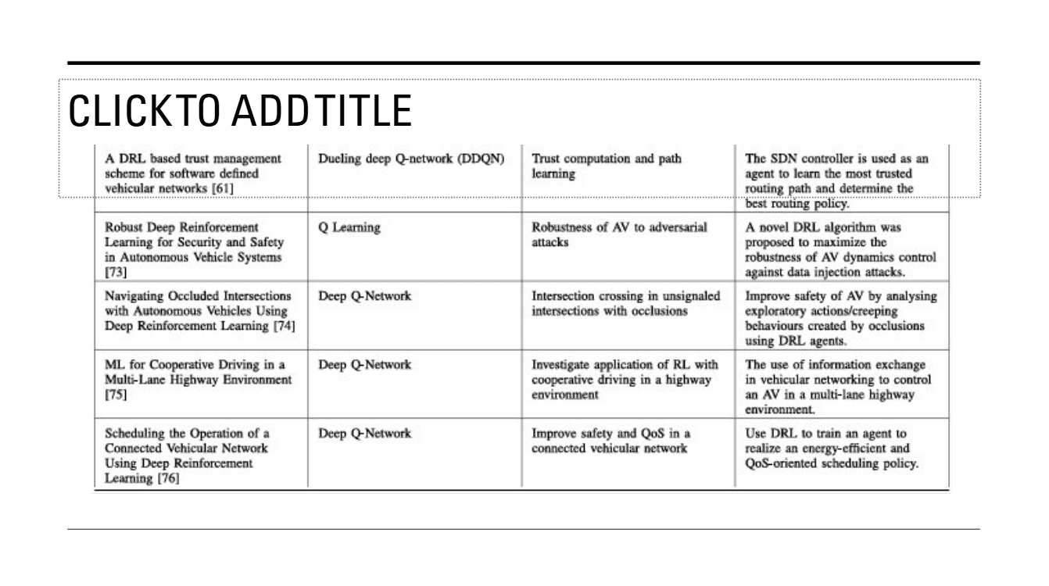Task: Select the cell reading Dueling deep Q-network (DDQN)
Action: pos(413,159)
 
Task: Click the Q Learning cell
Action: pos(349,227)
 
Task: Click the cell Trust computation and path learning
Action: pos(606,166)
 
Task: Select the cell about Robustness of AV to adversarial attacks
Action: pos(619,234)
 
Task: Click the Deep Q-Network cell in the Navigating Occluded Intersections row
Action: pos(364,297)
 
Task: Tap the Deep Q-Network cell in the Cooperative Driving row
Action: pos(364,365)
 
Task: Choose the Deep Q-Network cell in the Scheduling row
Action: pos(364,434)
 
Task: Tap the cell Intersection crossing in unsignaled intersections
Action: pos(626,303)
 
